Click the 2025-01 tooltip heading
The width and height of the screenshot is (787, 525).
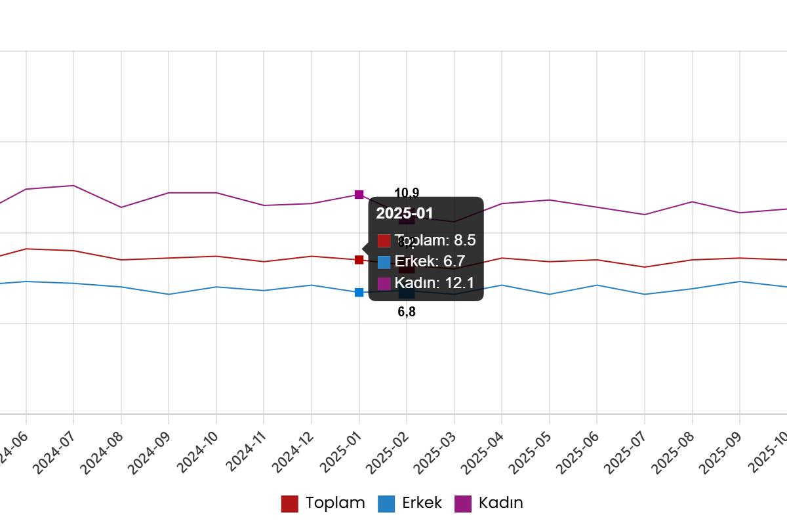click(x=405, y=213)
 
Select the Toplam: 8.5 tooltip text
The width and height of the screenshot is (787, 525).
click(x=435, y=240)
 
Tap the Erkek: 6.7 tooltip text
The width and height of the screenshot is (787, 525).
click(x=430, y=262)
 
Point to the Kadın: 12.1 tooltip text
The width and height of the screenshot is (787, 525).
click(x=434, y=283)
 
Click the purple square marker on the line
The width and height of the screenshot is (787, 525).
click(x=359, y=194)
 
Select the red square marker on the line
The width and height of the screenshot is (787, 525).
click(x=359, y=260)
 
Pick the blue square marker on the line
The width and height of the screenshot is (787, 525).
click(x=359, y=292)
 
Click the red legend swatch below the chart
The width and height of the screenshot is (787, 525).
click(x=289, y=504)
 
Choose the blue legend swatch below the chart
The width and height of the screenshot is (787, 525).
click(x=386, y=504)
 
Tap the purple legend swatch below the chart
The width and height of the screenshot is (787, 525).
click(x=463, y=504)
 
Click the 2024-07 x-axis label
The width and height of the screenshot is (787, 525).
click(x=54, y=453)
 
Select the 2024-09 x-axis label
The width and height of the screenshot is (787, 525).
click(x=150, y=453)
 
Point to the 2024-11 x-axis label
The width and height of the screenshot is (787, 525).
click(x=245, y=453)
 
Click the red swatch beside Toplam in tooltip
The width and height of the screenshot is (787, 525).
click(x=384, y=241)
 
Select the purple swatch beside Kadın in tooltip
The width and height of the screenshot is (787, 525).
click(x=384, y=283)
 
